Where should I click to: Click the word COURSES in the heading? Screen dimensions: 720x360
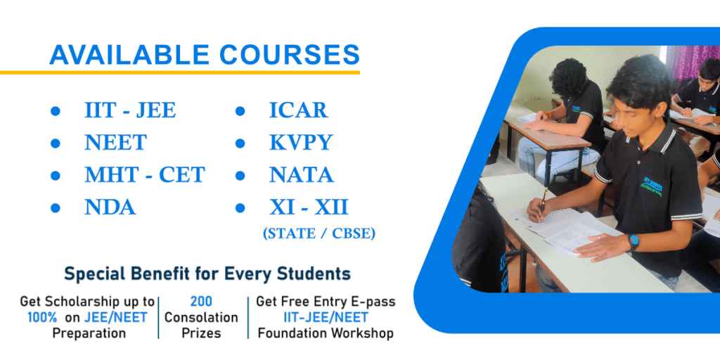[289, 55]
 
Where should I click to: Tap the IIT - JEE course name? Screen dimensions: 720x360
[130, 110]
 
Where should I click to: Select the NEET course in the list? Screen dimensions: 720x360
[116, 142]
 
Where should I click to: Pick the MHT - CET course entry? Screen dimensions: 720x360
[145, 175]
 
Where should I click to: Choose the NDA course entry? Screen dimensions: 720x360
[110, 207]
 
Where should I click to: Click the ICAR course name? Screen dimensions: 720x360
[298, 110]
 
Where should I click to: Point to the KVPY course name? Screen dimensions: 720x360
[301, 142]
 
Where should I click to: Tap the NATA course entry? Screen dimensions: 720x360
[301, 175]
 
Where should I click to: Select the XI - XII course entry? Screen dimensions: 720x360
[309, 207]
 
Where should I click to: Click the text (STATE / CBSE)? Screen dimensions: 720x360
[319, 233]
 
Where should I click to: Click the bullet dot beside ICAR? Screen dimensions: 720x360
[240, 111]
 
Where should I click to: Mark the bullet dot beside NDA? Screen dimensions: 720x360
[56, 208]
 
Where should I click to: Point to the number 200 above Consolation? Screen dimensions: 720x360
[201, 301]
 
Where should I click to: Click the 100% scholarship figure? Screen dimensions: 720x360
[42, 317]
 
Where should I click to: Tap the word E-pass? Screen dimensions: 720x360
[372, 302]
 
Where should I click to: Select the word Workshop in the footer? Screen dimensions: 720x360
[366, 333]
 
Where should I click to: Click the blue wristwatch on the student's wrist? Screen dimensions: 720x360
[634, 242]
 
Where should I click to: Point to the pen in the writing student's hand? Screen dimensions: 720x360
[544, 198]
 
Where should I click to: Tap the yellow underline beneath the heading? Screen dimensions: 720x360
[179, 72]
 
